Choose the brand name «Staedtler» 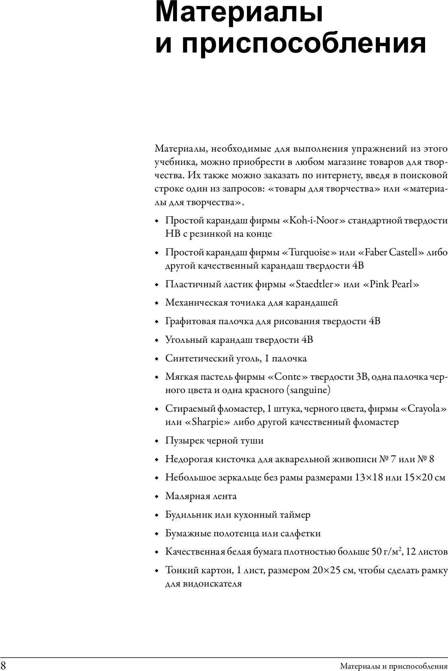(314, 284)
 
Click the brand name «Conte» (288, 377)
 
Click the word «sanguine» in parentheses (308, 390)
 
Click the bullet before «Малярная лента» (158, 497)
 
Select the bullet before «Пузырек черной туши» (158, 441)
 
